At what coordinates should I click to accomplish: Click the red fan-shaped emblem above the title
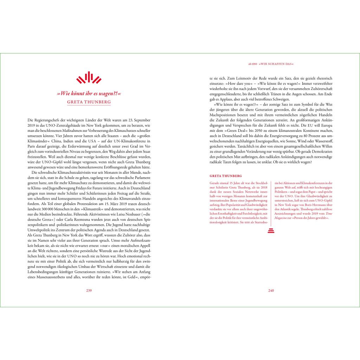[x=89, y=78]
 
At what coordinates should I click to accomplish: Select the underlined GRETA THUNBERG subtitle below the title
[x=89, y=102]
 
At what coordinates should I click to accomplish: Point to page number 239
[x=89, y=290]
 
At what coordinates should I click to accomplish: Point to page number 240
[x=271, y=290]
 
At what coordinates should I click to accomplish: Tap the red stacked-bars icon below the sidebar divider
[x=271, y=231]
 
